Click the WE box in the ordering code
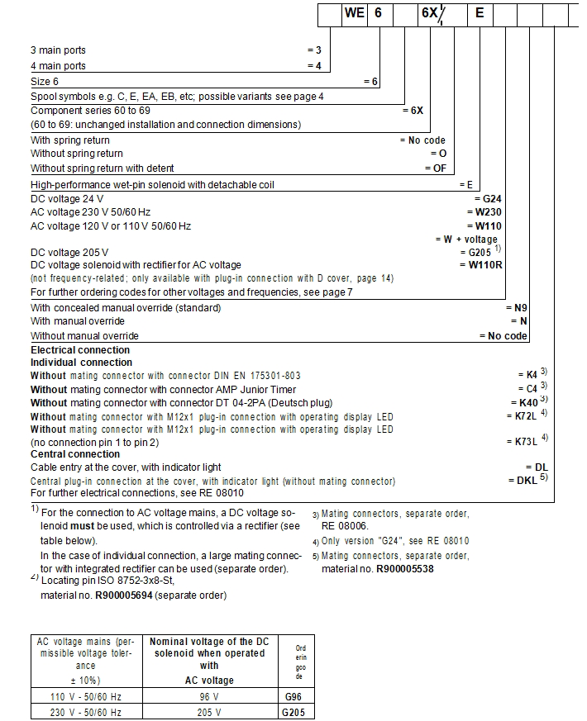coord(354,13)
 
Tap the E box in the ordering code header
coord(480,13)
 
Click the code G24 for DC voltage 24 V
coord(489,199)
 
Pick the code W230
coord(486,212)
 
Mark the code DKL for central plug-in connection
coord(523,481)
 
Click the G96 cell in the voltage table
coord(294,696)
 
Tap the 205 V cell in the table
coord(209,711)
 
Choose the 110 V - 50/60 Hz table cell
coord(87,696)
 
